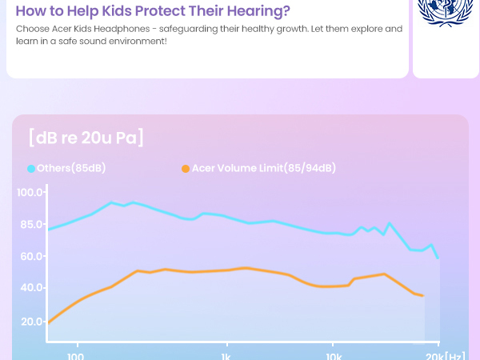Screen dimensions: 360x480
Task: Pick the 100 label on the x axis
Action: tap(77, 356)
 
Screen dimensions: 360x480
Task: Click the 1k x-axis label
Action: tap(226, 356)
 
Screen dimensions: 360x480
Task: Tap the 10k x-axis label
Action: tap(334, 356)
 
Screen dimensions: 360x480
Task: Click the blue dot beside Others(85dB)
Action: tap(31, 169)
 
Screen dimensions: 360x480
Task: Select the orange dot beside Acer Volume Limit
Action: tap(186, 169)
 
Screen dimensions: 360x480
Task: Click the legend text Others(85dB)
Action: tap(71, 168)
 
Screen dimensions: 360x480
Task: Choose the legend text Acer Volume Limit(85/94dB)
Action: tap(264, 168)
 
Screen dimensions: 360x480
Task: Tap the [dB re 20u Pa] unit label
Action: tap(86, 137)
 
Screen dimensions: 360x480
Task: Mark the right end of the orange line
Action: tap(422, 296)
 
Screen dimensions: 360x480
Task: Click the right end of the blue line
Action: tap(438, 258)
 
